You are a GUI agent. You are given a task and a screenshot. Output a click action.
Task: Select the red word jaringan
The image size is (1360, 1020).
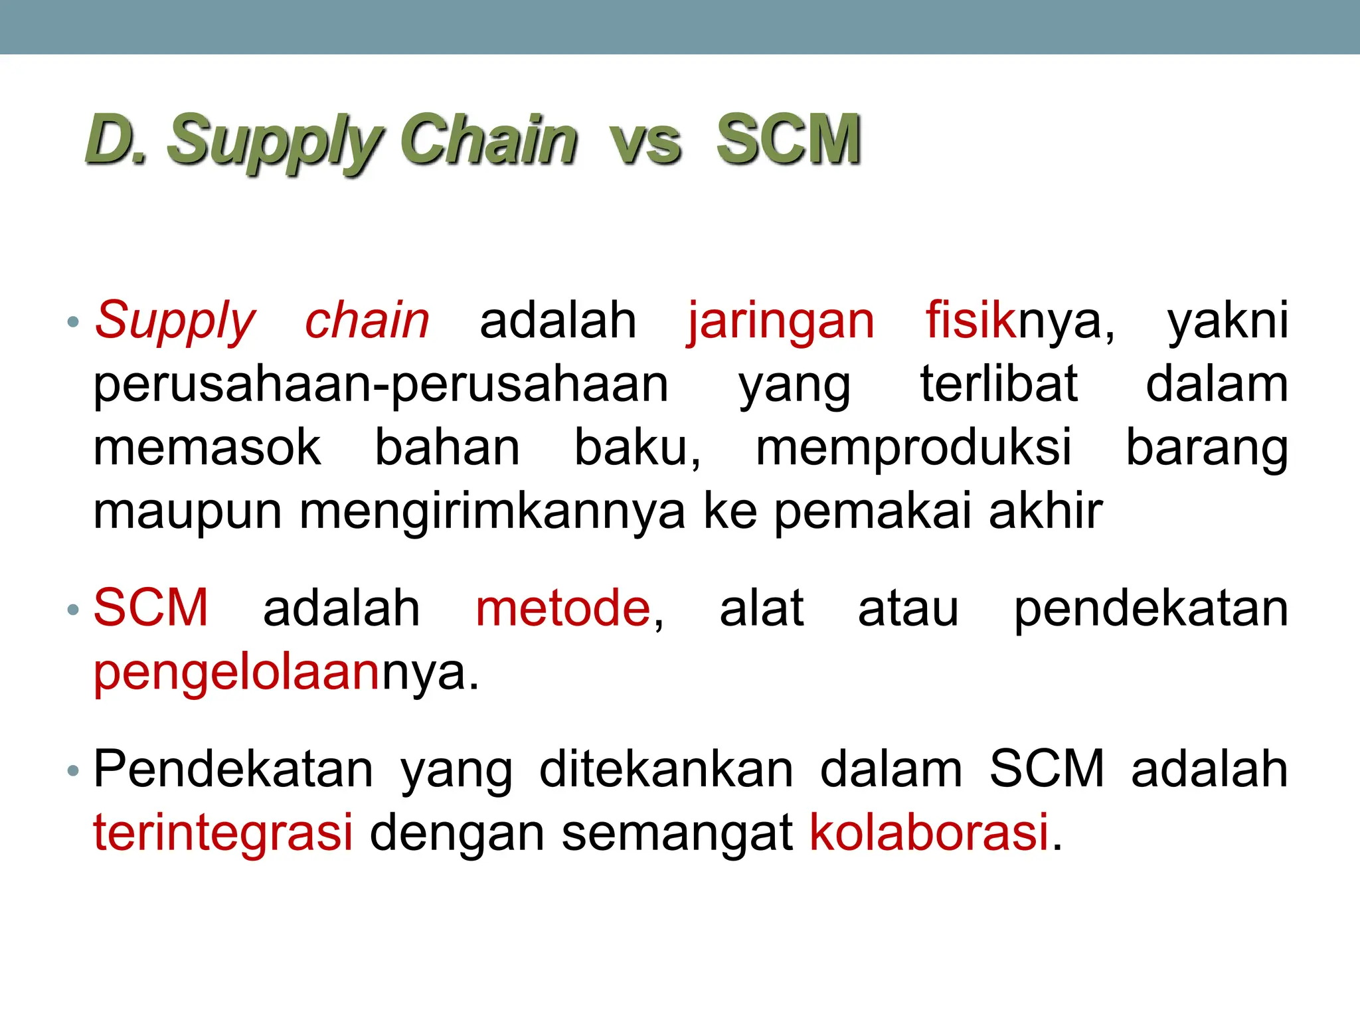[780, 321]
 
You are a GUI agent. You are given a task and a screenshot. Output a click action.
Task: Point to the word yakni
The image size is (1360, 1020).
[1228, 321]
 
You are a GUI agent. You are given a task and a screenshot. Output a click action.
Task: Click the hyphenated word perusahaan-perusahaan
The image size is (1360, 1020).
[381, 385]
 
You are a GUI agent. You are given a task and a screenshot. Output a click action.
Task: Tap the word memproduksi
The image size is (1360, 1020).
[914, 448]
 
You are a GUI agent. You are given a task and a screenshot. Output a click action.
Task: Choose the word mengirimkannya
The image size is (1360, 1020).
[492, 512]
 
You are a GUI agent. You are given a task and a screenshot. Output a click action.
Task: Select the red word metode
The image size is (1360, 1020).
[563, 608]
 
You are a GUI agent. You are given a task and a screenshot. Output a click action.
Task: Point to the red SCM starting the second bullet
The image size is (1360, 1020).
[151, 608]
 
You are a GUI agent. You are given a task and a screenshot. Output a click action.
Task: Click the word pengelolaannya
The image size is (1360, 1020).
[286, 673]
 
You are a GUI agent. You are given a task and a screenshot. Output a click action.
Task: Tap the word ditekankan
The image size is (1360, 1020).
[666, 770]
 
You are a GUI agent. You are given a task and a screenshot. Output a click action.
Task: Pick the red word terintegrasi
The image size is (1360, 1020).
[223, 832]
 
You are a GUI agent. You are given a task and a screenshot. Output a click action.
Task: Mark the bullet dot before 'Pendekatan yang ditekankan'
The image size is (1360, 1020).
[73, 771]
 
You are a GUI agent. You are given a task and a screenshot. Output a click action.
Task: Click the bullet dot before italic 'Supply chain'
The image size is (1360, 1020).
[73, 323]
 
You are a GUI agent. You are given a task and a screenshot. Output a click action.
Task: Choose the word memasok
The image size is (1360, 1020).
[207, 448]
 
